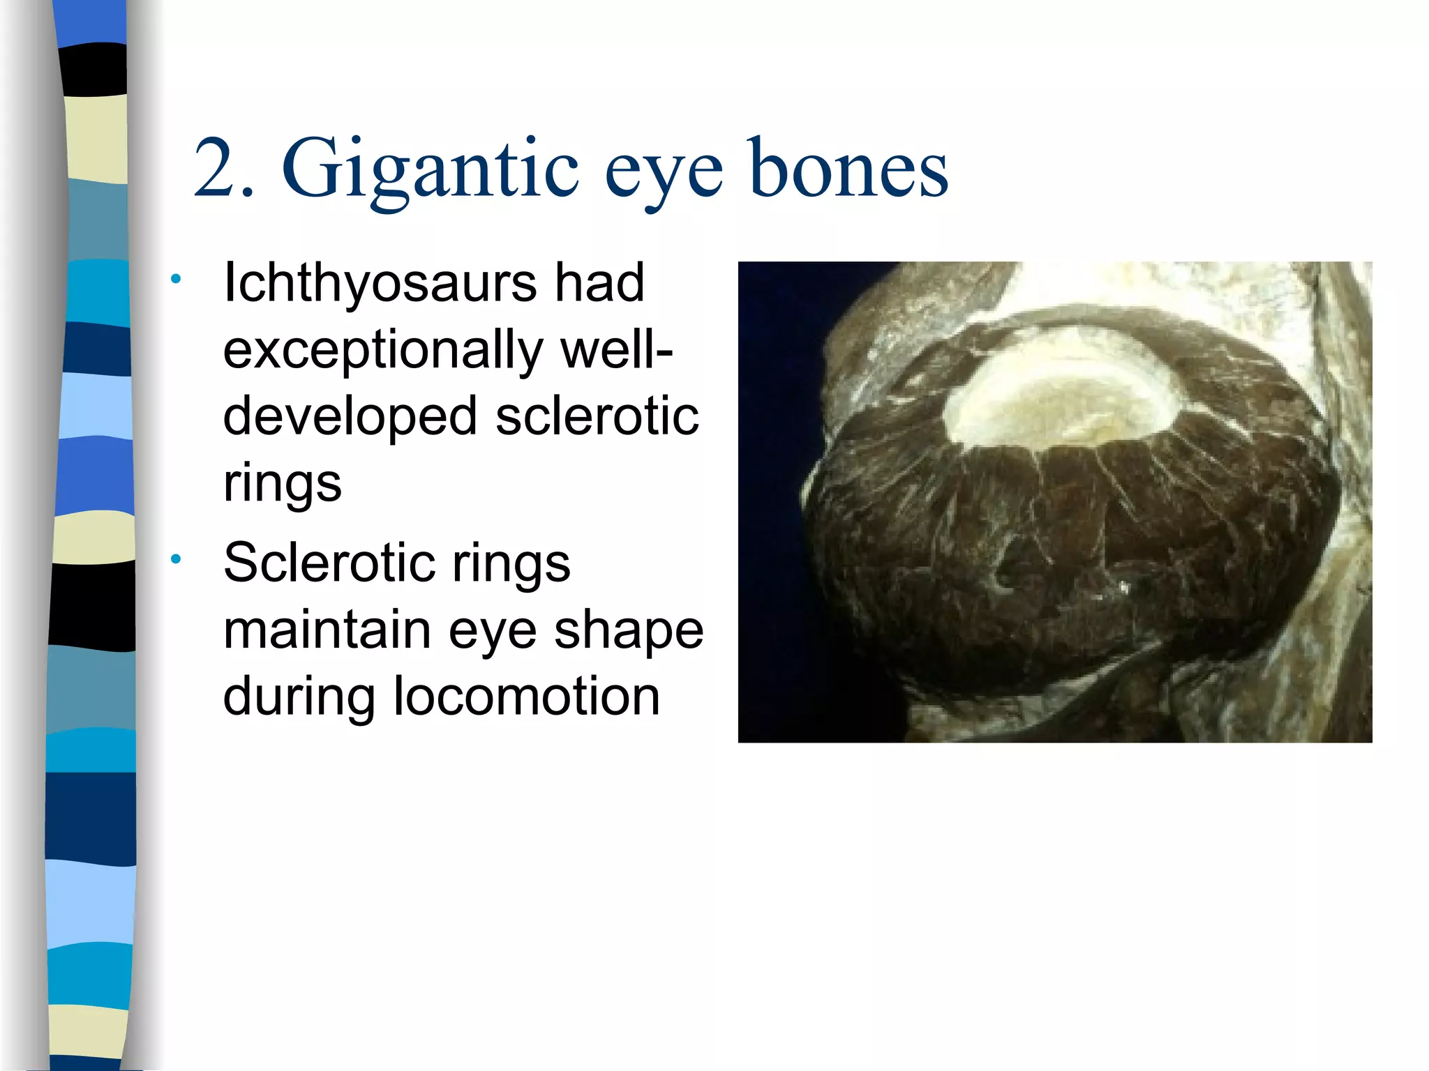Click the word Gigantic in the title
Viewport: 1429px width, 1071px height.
click(x=430, y=171)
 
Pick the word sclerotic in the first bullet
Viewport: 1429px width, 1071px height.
click(x=597, y=416)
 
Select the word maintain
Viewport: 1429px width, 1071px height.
click(x=327, y=630)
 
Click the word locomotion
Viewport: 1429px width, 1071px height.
click(x=527, y=697)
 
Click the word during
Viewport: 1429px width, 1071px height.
click(x=299, y=697)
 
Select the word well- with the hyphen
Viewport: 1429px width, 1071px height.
click(x=618, y=350)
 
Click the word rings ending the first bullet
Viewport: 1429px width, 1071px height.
click(x=283, y=483)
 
